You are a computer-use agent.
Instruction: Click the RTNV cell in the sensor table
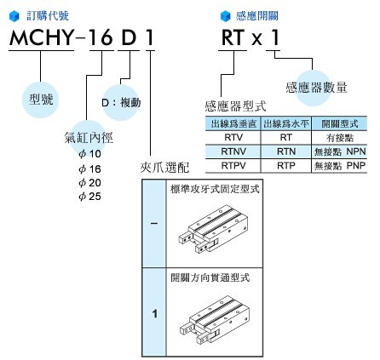click(233, 151)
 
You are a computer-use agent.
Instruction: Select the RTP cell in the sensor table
click(286, 165)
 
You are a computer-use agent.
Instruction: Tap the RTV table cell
click(233, 137)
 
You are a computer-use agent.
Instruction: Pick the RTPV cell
click(233, 165)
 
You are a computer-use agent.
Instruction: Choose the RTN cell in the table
click(286, 151)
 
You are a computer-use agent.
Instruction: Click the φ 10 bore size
click(89, 154)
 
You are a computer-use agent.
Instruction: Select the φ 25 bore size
click(89, 196)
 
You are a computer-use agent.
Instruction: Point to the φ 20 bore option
click(89, 182)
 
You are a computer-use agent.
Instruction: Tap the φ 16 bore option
click(89, 169)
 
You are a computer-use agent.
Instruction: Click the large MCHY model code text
click(42, 37)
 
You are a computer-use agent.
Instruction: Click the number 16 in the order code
click(101, 37)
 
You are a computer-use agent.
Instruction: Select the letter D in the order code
click(129, 37)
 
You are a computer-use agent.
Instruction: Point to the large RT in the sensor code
click(233, 37)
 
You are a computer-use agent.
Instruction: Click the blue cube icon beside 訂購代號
click(14, 16)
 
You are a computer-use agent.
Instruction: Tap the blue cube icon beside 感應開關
click(226, 16)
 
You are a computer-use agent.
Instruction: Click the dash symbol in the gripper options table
click(154, 224)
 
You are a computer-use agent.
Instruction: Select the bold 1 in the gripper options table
click(155, 314)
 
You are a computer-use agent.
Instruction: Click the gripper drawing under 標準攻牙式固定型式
click(213, 229)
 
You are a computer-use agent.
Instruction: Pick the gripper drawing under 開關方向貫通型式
click(215, 320)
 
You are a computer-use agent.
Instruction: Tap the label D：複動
click(121, 102)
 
